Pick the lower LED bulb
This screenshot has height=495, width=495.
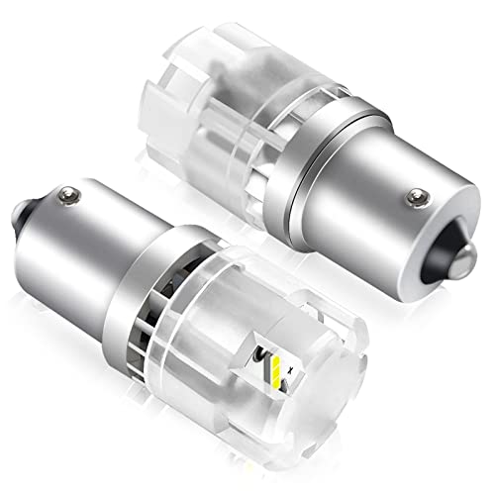click(198, 327)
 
